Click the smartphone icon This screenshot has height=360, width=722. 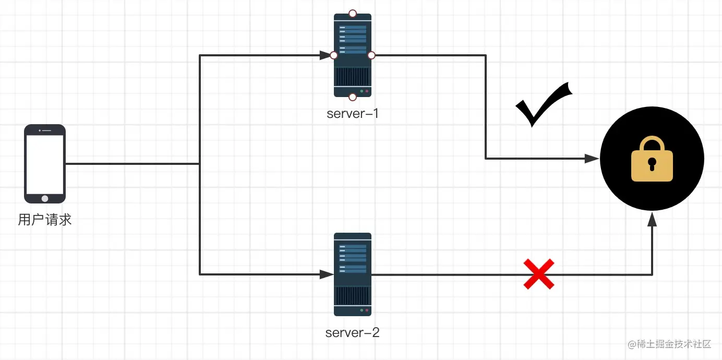45,164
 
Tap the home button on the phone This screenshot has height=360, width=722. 45,199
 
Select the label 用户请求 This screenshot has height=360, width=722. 45,220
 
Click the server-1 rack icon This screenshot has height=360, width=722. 353,55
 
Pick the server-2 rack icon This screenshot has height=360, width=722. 353,274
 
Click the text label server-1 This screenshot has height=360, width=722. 353,114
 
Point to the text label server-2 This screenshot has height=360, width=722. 353,333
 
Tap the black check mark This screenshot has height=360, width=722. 544,104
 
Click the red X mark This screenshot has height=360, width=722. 539,274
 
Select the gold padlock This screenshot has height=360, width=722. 652,159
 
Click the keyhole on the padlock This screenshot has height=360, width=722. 652,164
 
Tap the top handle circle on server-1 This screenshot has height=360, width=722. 353,13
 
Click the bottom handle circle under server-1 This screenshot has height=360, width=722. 353,97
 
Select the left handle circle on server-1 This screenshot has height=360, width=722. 334,55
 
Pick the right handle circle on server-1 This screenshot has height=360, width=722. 371,55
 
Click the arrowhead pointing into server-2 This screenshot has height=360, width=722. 327,274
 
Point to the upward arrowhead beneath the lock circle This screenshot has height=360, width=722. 652,220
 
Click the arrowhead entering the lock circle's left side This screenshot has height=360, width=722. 592,159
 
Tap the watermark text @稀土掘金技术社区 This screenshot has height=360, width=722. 669,344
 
